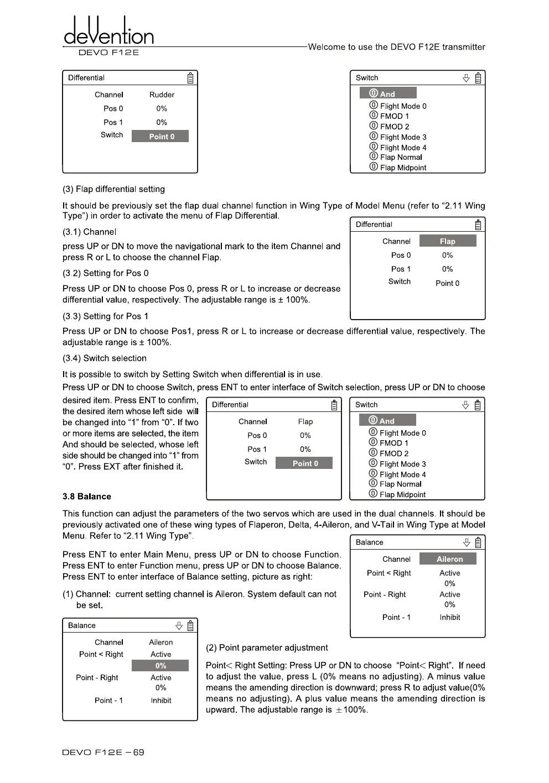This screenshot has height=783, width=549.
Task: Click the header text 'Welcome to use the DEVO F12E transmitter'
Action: point(396,47)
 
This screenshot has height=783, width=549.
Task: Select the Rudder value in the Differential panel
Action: point(162,95)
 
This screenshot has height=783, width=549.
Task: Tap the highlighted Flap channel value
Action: point(447,241)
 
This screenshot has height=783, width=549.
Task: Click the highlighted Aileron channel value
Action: point(449,559)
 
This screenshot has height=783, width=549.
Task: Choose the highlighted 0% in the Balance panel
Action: point(160,666)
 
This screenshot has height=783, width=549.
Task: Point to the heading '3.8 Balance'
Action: point(87,497)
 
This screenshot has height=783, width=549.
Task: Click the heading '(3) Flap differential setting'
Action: point(113,189)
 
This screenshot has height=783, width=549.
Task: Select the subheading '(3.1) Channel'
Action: point(89,232)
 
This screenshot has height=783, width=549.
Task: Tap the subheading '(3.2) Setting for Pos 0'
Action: point(105,273)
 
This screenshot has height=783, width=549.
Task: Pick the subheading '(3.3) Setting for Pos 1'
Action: point(105,316)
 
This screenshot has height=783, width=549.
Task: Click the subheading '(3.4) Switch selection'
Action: point(104,358)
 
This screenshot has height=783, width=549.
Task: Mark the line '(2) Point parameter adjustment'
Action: point(267,648)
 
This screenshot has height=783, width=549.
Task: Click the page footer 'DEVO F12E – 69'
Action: point(103,752)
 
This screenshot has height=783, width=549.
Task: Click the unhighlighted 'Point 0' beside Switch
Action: point(447,283)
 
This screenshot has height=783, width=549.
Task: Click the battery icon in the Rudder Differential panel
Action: point(190,78)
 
